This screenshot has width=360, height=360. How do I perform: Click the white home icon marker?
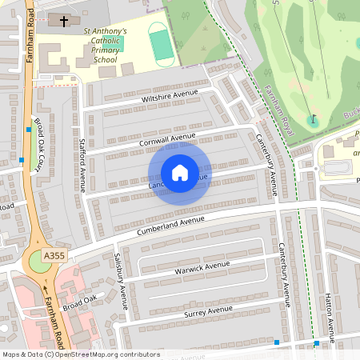tap(180, 172)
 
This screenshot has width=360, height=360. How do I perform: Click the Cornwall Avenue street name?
tap(166, 140)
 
